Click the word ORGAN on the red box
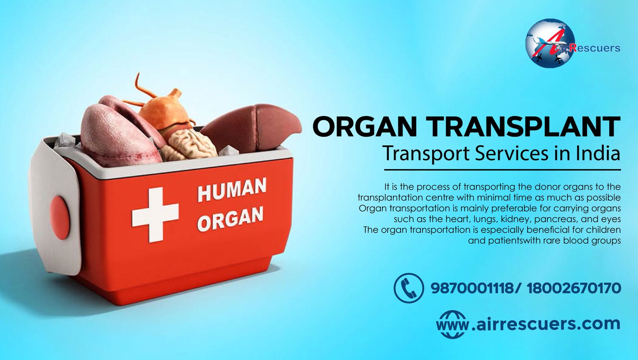tap(230, 218)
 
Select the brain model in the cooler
tap(189, 145)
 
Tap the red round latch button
tap(59, 217)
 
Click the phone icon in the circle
tap(409, 288)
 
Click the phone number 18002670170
tap(574, 288)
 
